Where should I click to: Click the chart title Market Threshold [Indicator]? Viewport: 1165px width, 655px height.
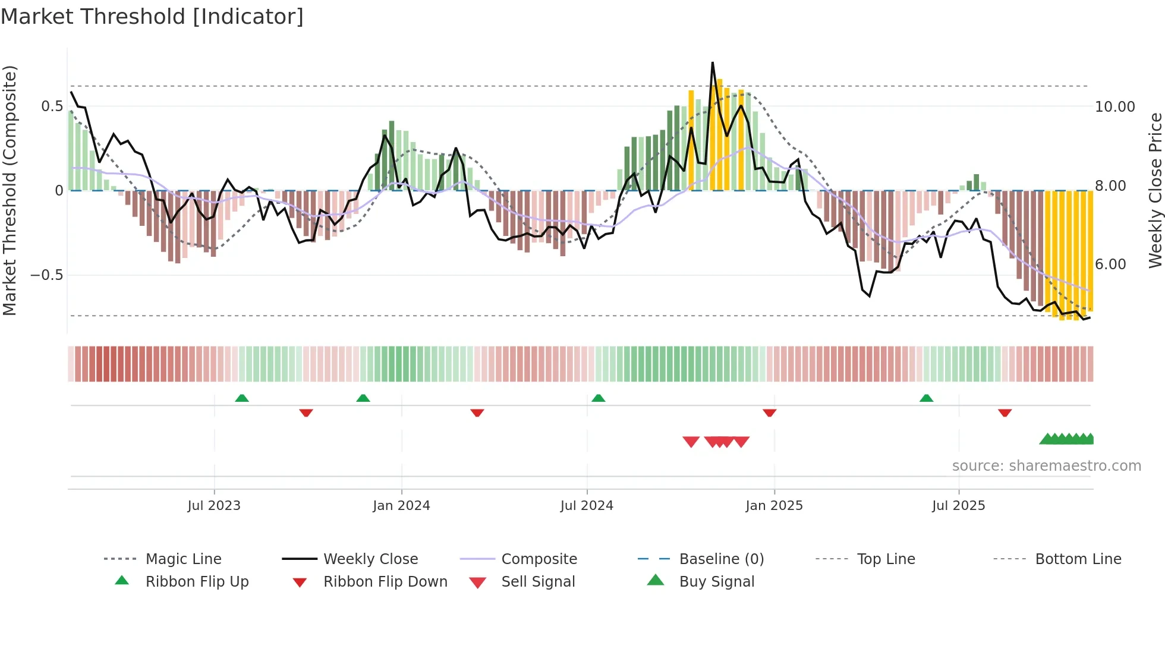coord(152,17)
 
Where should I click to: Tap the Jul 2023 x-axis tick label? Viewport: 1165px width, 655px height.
coord(214,506)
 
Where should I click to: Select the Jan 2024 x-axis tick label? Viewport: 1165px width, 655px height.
coord(401,506)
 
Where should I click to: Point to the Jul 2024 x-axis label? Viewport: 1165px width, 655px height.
coord(587,506)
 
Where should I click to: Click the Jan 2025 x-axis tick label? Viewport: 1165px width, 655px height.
coord(774,506)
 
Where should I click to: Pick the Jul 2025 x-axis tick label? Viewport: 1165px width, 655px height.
coord(958,506)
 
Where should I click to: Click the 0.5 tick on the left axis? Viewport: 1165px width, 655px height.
coord(52,106)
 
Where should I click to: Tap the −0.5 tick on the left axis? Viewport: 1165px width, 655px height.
coord(47,275)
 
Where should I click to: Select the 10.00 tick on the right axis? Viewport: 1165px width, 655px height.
coord(1114,107)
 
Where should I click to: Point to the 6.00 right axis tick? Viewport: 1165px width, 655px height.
coord(1110,264)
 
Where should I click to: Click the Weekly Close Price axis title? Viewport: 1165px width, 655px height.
coord(1155,190)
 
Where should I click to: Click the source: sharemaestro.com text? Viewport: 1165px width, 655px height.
coord(1046,466)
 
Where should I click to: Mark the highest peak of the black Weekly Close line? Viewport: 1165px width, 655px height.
coord(713,62)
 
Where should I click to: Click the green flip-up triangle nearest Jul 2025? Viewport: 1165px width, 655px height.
coord(926,398)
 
